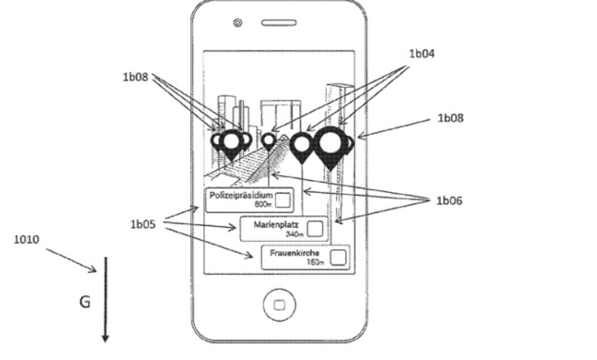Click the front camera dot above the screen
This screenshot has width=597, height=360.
pos(238,23)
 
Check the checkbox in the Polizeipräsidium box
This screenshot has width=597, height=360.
pos(283,200)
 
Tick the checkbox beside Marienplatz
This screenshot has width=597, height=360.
pos(315,228)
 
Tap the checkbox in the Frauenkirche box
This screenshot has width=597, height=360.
pos(338,257)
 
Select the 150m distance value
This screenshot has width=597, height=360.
pos(315,262)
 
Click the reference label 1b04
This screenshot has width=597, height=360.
pos(421,54)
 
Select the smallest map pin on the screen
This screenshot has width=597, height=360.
pos(269,141)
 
